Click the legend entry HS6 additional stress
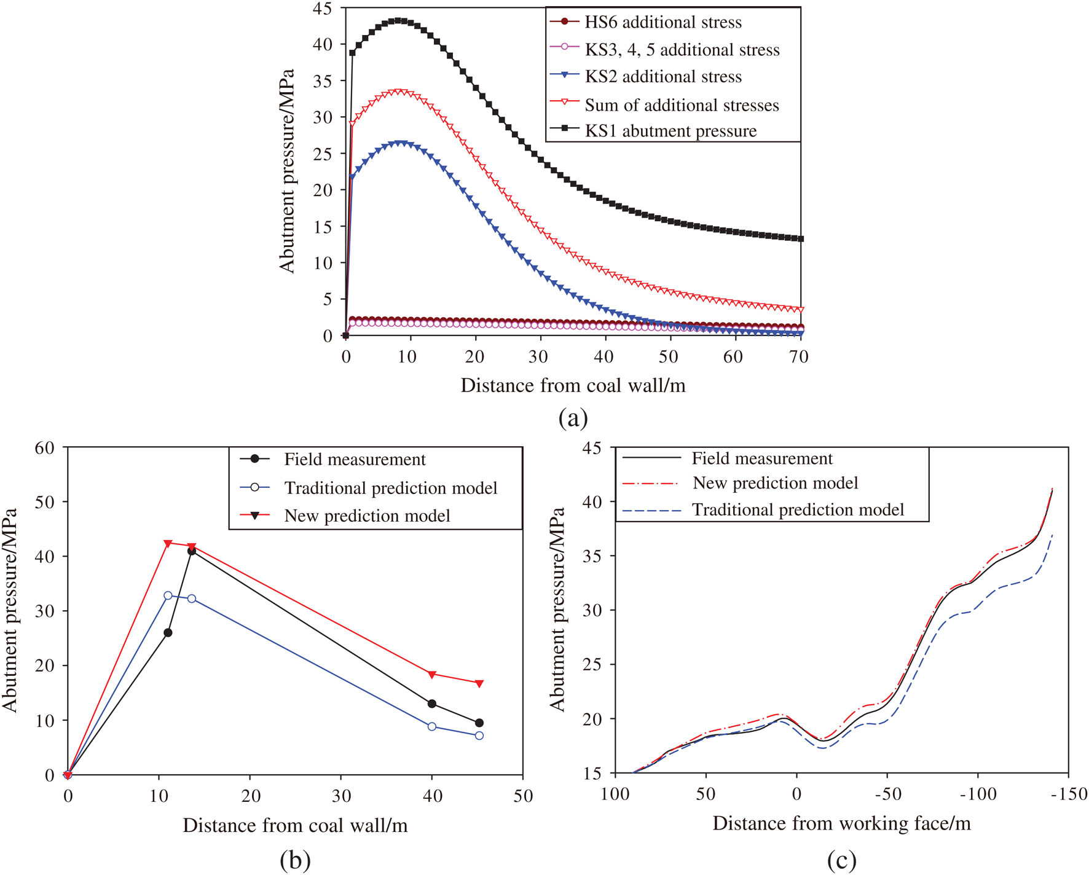[x=662, y=23]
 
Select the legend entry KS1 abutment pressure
[x=670, y=131]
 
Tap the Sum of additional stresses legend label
[x=681, y=105]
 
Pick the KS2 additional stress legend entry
[x=662, y=77]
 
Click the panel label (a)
[x=573, y=418]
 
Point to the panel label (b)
[x=295, y=860]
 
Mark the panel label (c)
[x=841, y=860]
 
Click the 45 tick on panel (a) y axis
[x=322, y=9]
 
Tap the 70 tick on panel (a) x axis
[x=798, y=357]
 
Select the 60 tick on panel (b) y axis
[x=45, y=448]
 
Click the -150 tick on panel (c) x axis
[x=1069, y=795]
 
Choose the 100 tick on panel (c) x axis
[x=615, y=795]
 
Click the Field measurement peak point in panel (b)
[x=192, y=551]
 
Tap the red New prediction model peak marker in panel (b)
[x=168, y=543]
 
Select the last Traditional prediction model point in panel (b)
[x=479, y=736]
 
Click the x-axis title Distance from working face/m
[x=841, y=823]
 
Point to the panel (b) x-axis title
[x=295, y=825]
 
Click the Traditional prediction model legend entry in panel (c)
[x=798, y=510]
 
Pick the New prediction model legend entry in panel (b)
[x=367, y=516]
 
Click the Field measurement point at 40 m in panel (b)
[x=432, y=704]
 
